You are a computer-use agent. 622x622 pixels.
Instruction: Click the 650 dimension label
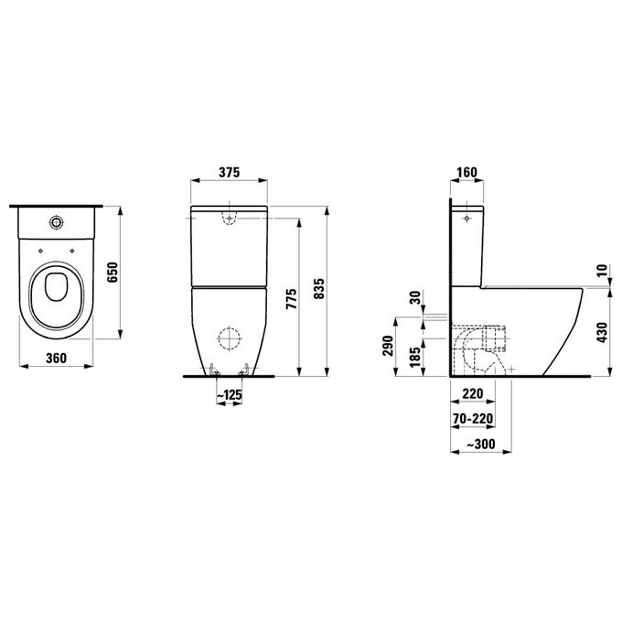click(113, 273)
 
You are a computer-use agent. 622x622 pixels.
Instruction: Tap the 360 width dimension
click(56, 359)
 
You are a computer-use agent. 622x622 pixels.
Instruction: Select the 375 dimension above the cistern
click(230, 172)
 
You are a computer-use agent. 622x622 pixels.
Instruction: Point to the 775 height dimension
click(291, 299)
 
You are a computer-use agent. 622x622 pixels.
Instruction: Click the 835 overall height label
click(319, 288)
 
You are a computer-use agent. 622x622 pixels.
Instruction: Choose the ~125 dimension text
click(229, 395)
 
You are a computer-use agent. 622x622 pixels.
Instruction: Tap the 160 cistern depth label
click(466, 172)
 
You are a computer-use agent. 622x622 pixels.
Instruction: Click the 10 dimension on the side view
click(602, 270)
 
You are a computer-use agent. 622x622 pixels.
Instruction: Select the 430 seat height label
click(602, 332)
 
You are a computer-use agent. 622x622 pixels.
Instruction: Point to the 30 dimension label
click(415, 297)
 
